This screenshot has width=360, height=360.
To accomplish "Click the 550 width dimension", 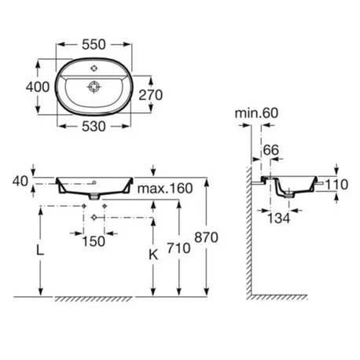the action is pyautogui.click(x=94, y=45).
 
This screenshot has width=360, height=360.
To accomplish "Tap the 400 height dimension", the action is pyautogui.click(x=38, y=87).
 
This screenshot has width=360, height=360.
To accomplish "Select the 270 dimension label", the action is pyautogui.click(x=150, y=95).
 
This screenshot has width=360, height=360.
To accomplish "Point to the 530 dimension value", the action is pyautogui.click(x=94, y=127).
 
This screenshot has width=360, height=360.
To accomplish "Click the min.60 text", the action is pyautogui.click(x=256, y=113).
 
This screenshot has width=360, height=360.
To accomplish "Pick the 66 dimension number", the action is pyautogui.click(x=271, y=150).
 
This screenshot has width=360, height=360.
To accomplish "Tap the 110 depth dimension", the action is pyautogui.click(x=336, y=185).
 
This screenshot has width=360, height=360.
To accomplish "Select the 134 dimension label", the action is pyautogui.click(x=278, y=219).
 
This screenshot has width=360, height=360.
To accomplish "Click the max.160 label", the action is pyautogui.click(x=165, y=189).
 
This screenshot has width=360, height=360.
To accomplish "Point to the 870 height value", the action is pyautogui.click(x=206, y=237).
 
